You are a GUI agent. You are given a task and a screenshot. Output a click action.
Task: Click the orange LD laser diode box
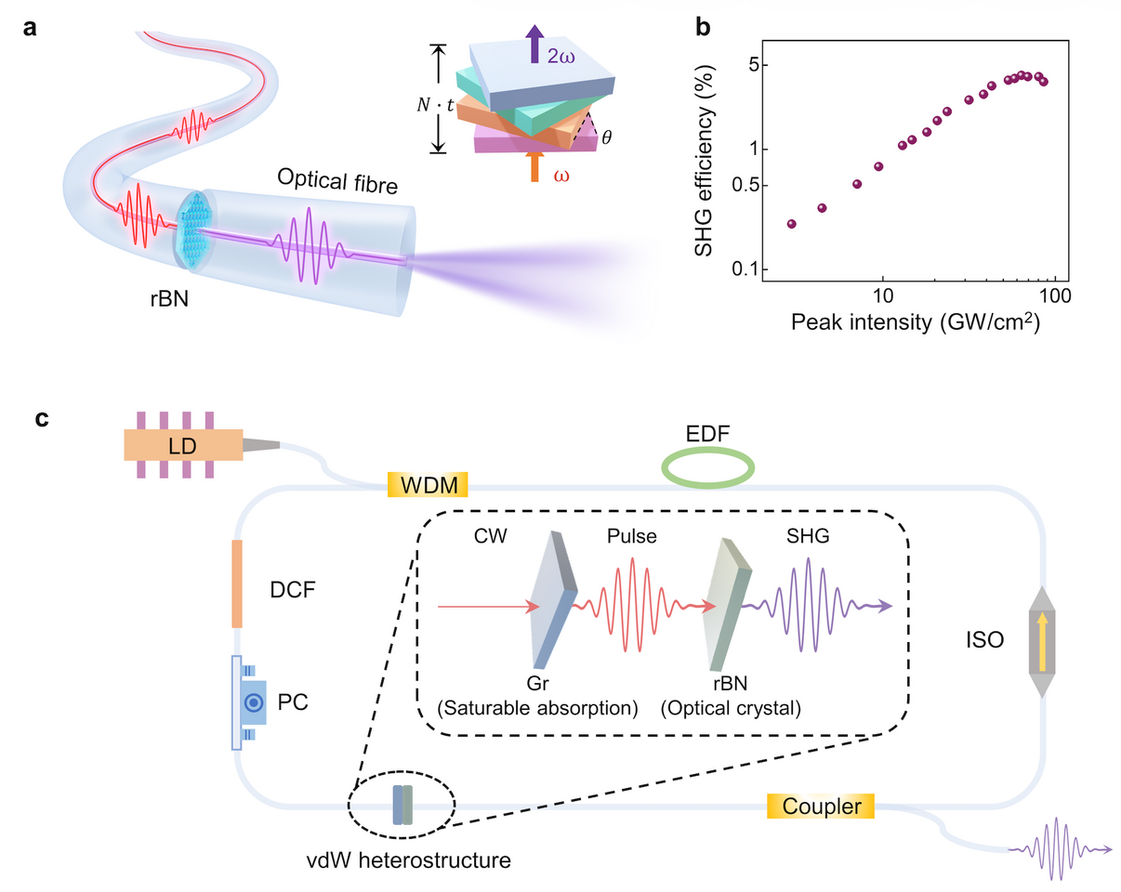(182, 445)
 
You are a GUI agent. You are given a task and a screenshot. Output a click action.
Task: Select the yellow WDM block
(427, 484)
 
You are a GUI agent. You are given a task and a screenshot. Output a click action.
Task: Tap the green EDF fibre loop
(707, 468)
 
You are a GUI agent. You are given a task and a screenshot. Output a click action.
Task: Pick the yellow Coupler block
(821, 806)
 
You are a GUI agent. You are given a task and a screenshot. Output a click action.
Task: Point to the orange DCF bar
(237, 583)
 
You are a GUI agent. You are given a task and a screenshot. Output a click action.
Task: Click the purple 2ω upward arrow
(535, 44)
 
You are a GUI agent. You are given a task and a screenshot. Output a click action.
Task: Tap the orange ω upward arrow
(534, 167)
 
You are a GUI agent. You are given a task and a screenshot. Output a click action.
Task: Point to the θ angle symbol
(607, 137)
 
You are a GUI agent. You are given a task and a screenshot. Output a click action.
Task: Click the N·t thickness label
(435, 105)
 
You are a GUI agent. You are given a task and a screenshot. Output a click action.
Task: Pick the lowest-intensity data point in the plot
(791, 224)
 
